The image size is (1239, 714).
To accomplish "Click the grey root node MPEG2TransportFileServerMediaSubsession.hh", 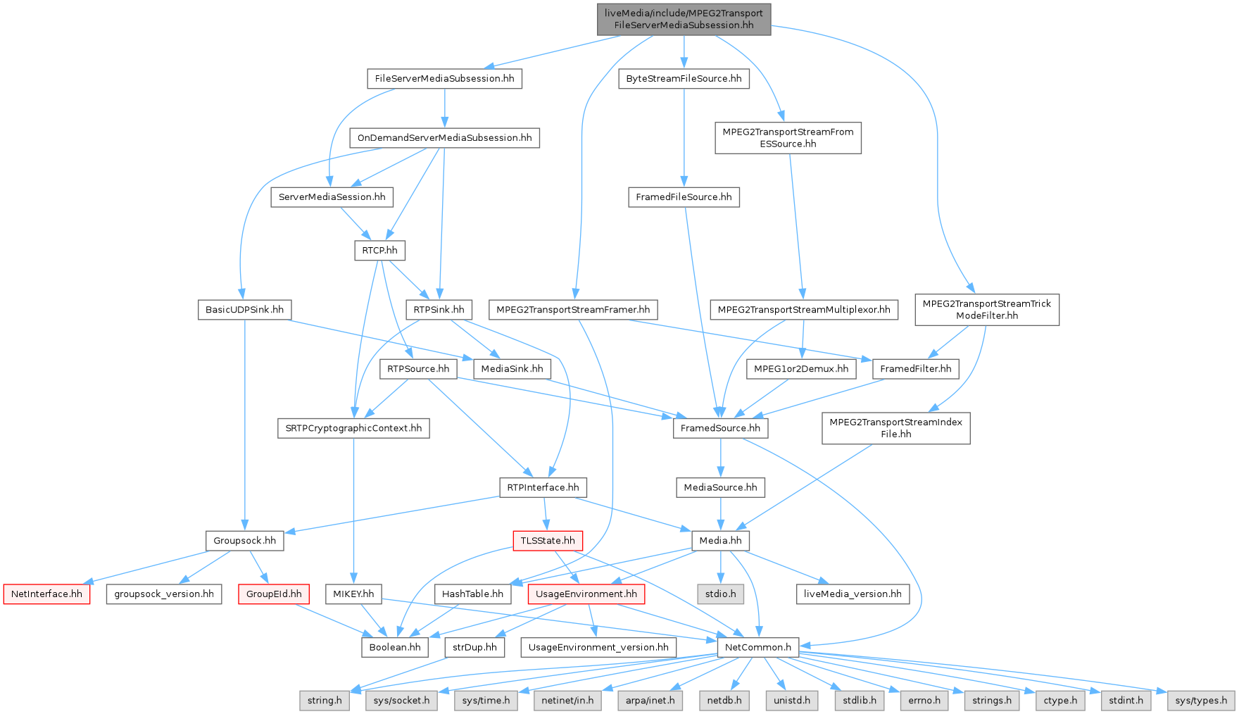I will tap(683, 19).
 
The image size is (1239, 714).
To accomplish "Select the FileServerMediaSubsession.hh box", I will tap(444, 78).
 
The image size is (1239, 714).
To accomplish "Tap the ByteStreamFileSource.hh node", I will tap(684, 78).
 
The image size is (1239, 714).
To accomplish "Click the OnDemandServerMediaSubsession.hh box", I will tap(444, 137).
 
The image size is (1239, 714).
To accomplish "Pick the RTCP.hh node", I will tap(379, 250).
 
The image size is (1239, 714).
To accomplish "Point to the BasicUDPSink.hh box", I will tap(244, 309).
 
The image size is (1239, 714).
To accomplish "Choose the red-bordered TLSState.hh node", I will tap(548, 541).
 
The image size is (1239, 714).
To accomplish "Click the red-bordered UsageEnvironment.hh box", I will tap(586, 594).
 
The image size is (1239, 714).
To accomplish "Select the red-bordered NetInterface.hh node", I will tap(46, 594).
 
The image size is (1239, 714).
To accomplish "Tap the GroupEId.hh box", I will tap(274, 594).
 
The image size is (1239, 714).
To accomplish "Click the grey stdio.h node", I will tap(720, 594).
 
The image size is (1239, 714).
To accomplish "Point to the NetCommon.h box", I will tap(757, 647).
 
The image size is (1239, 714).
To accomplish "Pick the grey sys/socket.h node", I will tap(401, 701).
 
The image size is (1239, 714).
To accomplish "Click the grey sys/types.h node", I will tap(1201, 701).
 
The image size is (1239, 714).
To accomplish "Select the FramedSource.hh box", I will tap(720, 428).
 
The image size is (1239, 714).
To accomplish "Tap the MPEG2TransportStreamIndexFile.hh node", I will tap(895, 428).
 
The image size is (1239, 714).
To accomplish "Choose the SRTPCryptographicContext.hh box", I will tap(353, 428).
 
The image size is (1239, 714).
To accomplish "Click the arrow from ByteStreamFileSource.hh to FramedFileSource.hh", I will tap(684, 137).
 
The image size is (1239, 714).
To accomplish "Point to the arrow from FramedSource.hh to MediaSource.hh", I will tap(720, 458).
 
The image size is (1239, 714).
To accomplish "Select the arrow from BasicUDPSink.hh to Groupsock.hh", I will tap(244, 422).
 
